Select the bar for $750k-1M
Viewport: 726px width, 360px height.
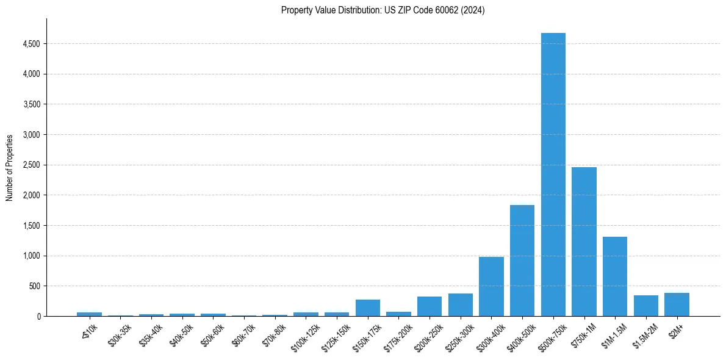(x=584, y=242)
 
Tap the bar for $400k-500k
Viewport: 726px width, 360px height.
(x=522, y=261)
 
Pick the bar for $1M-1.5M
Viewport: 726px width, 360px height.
(x=615, y=276)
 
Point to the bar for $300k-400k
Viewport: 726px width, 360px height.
(x=491, y=286)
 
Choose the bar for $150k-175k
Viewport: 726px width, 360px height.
(x=368, y=308)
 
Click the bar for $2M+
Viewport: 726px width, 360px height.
(x=677, y=304)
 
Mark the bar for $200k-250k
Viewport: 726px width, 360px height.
(x=429, y=306)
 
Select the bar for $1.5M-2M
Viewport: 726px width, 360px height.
(x=646, y=306)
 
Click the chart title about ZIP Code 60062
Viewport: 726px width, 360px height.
(x=383, y=10)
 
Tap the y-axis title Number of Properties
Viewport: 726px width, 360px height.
(x=10, y=168)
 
